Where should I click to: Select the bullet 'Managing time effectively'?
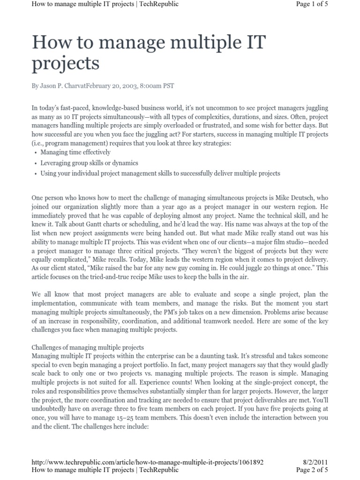point(75,152)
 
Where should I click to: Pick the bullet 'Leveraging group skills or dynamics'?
point(89,163)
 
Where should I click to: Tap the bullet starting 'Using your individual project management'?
point(160,173)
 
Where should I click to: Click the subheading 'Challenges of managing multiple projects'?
point(88,347)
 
